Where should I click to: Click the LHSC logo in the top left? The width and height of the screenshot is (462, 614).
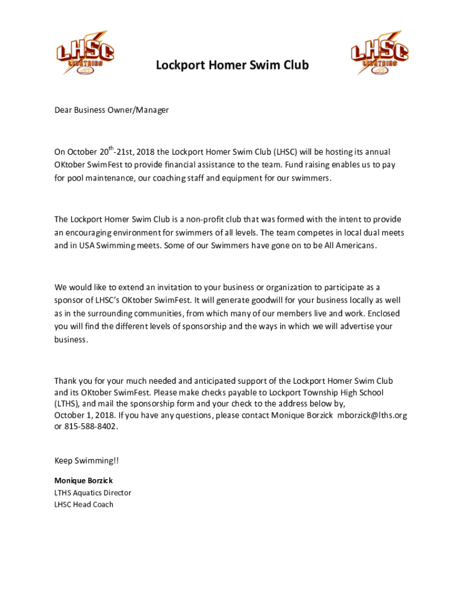coord(85,53)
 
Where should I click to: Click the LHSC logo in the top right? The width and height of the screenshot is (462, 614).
coord(379,53)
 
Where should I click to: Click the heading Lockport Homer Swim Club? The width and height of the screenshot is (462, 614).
coord(232,65)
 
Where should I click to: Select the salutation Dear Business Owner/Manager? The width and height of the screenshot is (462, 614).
coord(112,110)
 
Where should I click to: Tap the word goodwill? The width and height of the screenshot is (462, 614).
coord(260,300)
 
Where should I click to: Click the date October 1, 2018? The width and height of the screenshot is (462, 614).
coord(84,415)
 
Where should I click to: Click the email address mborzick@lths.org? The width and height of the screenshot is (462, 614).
coord(372,415)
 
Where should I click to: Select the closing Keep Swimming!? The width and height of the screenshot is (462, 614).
coord(86,460)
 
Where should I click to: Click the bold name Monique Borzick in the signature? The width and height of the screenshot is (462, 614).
coord(83,481)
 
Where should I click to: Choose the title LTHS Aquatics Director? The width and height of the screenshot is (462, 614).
coord(92,493)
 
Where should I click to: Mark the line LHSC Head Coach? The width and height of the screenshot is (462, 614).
coord(83,505)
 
